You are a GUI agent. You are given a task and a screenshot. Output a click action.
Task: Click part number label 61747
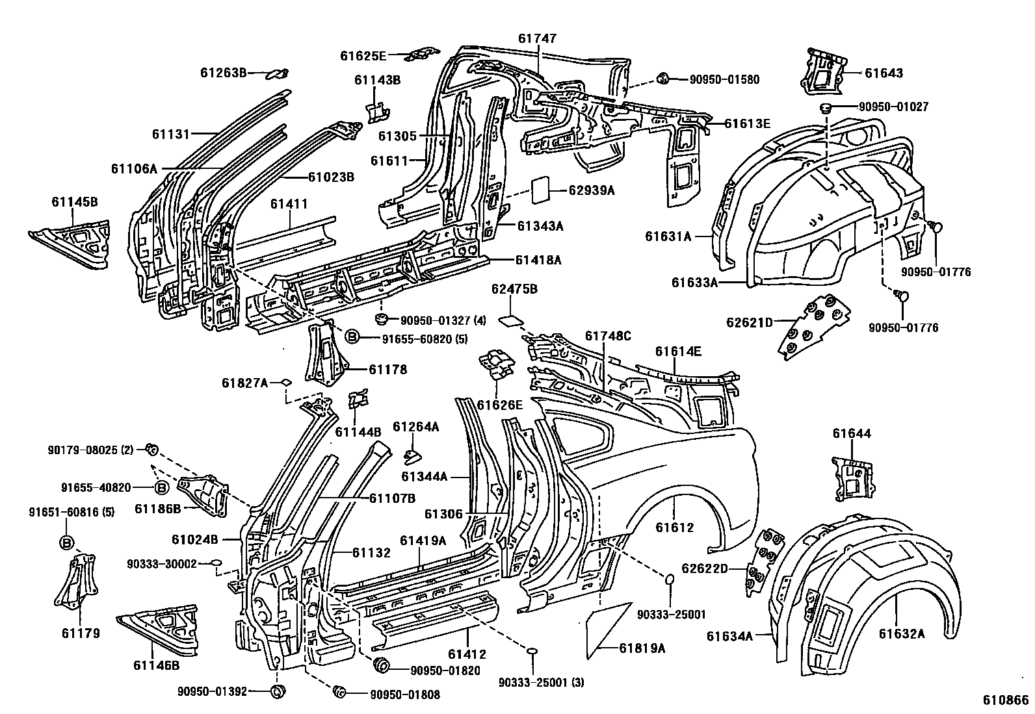pos(537,38)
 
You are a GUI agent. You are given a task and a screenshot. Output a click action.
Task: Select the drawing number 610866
pos(1005,700)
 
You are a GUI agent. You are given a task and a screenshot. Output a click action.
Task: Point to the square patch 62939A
pos(543,190)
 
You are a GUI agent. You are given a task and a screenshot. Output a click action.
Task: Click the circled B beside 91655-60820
pos(351,337)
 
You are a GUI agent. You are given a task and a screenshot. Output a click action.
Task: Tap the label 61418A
pos(538,260)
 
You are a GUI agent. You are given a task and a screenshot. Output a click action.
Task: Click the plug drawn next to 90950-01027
pos(826,108)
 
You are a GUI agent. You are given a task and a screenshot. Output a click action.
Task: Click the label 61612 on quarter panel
pos(675,528)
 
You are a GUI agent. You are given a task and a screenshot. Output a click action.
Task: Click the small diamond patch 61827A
pos(285,383)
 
